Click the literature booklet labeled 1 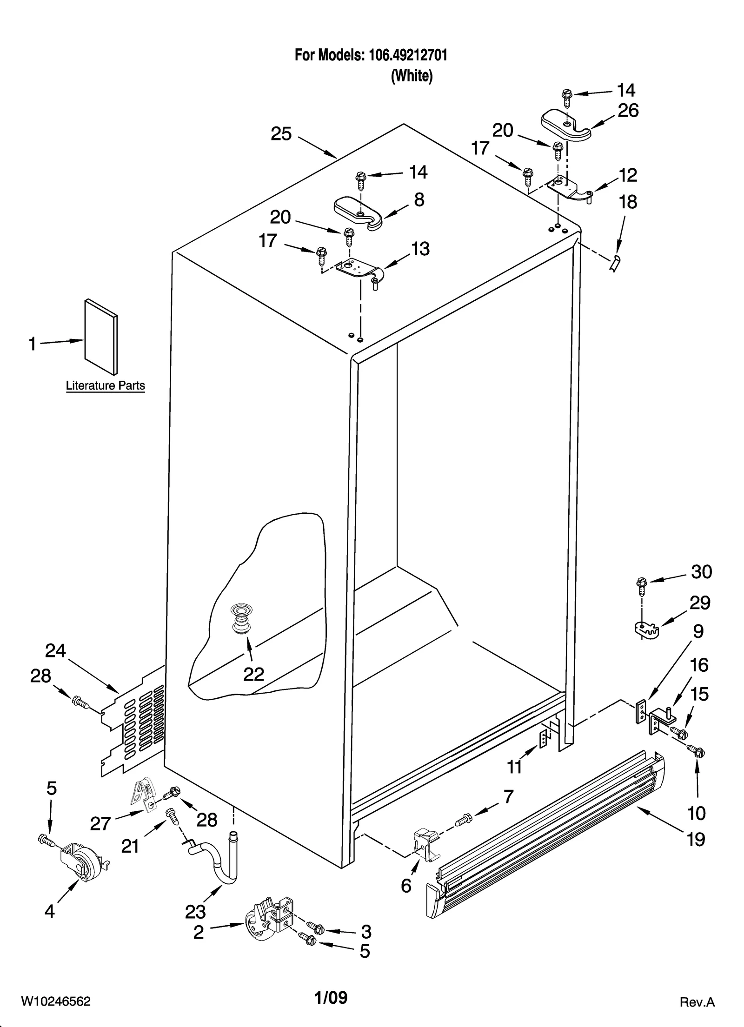[101, 337]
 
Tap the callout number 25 [281, 134]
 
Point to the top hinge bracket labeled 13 [360, 271]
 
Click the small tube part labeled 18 [615, 263]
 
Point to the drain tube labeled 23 [219, 866]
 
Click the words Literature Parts [105, 385]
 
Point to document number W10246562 [55, 1001]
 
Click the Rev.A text [697, 1002]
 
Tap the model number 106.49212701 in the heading [408, 55]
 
